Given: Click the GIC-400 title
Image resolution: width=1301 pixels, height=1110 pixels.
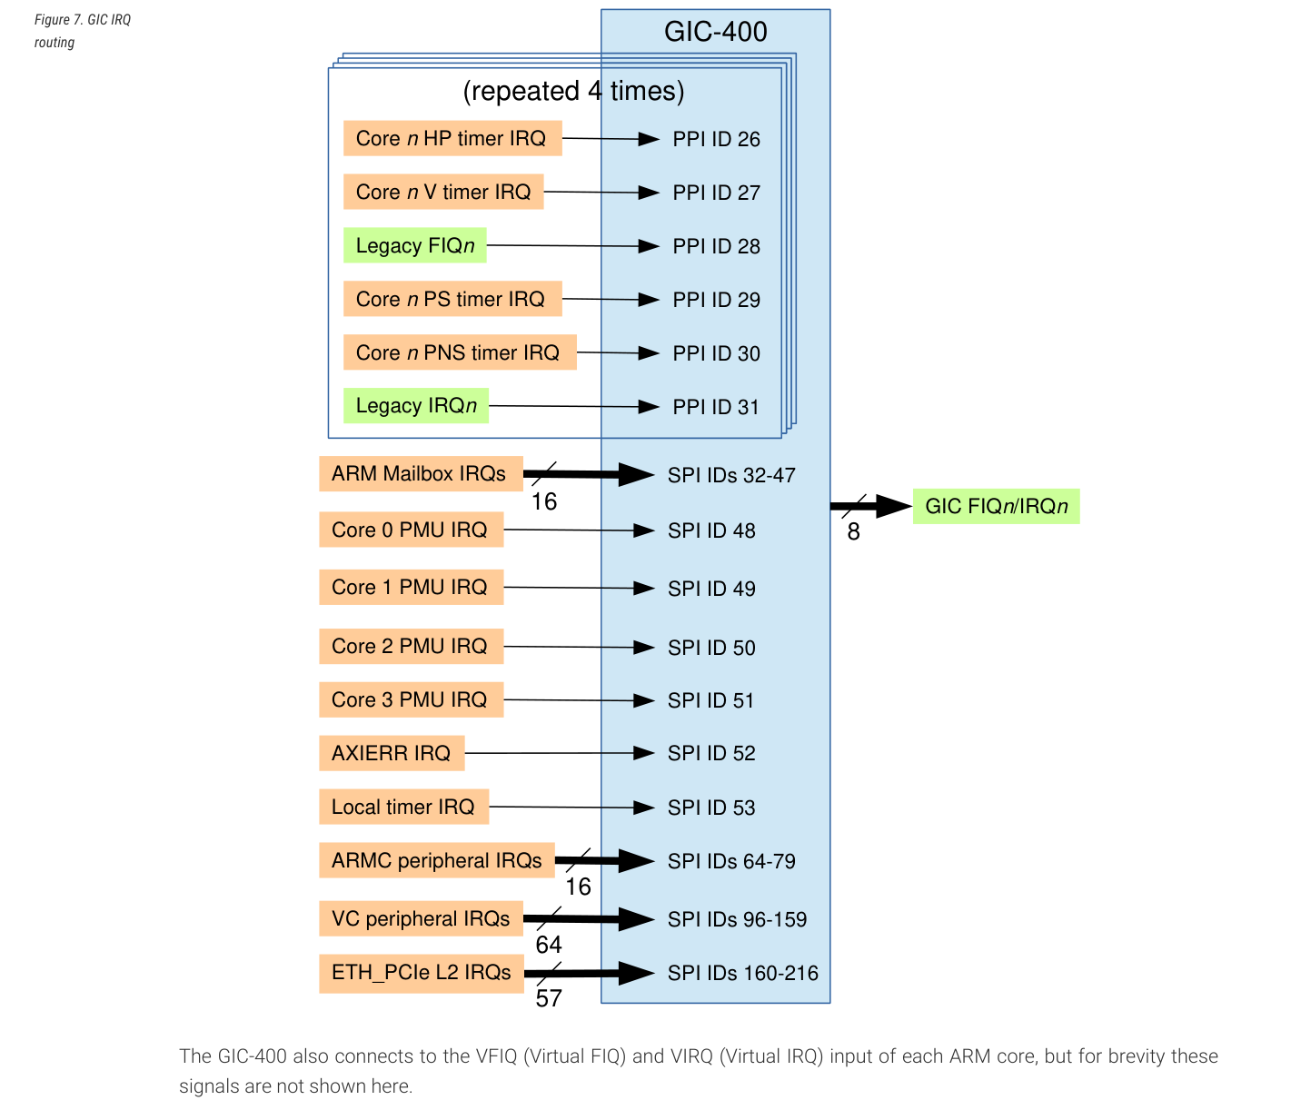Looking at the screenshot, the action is (x=716, y=32).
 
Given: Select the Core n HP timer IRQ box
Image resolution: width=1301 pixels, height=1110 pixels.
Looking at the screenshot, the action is (x=452, y=138).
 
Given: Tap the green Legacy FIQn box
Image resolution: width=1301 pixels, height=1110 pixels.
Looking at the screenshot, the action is (x=415, y=245).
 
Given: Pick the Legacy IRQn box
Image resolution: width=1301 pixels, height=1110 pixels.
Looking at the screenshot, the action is (x=416, y=406).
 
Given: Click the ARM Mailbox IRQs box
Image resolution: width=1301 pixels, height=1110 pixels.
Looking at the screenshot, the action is (x=421, y=474).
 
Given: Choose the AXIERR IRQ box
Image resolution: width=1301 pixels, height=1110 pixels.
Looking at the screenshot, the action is (x=392, y=753).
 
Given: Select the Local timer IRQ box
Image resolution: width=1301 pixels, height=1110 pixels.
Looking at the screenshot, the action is (x=404, y=807).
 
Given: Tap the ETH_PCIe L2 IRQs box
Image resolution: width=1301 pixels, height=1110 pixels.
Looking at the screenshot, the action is (x=422, y=973).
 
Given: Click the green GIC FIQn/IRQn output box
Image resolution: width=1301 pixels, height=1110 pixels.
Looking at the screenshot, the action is (x=997, y=507).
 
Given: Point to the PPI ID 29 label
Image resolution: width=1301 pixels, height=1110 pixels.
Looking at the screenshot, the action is (x=716, y=300).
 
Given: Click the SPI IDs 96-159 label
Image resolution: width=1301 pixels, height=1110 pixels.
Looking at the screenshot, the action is (x=737, y=919).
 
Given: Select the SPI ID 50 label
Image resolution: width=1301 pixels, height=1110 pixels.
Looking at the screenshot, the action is (x=711, y=648).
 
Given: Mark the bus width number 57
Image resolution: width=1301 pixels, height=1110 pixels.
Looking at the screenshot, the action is (x=549, y=998).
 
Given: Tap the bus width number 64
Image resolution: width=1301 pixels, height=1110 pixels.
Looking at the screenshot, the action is (x=549, y=945).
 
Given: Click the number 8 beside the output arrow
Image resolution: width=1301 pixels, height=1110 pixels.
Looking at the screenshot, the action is (x=853, y=531).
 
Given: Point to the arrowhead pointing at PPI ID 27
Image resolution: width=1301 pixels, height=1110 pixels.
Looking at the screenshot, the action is (x=649, y=193).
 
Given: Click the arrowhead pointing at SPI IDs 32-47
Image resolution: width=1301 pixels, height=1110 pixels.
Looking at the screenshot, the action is (x=636, y=475).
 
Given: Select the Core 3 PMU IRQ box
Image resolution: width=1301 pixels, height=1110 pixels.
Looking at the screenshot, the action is (x=411, y=699).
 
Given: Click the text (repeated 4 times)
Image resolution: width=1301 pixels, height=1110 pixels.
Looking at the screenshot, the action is (x=573, y=91).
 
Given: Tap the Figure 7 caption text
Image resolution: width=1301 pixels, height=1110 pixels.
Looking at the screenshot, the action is (x=83, y=31).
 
